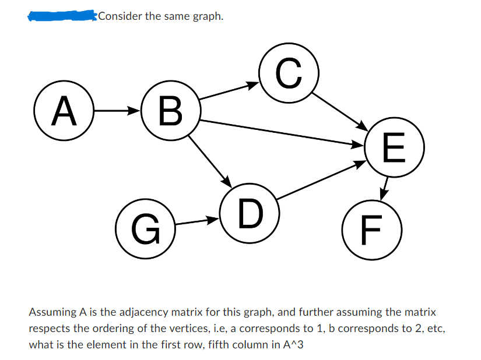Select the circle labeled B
[170, 112]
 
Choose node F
[371, 229]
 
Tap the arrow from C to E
[340, 111]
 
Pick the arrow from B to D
[211, 161]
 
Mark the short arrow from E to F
[384, 188]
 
